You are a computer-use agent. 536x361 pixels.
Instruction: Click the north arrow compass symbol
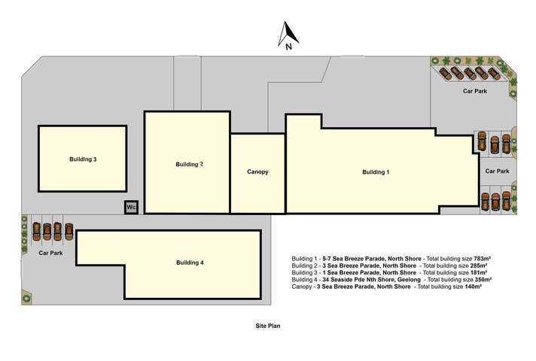[288, 35]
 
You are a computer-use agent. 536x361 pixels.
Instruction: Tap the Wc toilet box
[131, 208]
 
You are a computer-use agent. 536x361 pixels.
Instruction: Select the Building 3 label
[83, 159]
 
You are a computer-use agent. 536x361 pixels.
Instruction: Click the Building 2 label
[190, 164]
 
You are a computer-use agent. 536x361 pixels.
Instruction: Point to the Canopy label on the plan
[257, 171]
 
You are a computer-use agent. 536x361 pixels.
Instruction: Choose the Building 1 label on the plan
[376, 172]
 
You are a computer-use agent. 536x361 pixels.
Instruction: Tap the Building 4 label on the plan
[190, 262]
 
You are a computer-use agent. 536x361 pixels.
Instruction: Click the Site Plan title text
[268, 326]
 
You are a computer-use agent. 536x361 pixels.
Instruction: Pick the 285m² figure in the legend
[479, 265]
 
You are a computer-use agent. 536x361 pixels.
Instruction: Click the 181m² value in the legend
[479, 272]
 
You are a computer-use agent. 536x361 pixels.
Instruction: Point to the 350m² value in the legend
[483, 279]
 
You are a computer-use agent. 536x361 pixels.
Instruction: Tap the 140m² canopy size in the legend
[474, 287]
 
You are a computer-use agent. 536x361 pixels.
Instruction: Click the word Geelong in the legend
[409, 280]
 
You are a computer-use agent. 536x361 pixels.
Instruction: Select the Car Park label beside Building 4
[50, 253]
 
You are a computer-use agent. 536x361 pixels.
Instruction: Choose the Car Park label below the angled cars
[475, 91]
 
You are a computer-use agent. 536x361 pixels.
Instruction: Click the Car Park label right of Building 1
[498, 171]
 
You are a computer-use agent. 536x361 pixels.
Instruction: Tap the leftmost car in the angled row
[446, 74]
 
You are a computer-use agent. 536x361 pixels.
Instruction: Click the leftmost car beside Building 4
[37, 231]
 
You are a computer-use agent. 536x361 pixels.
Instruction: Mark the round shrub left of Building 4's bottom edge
[26, 298]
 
